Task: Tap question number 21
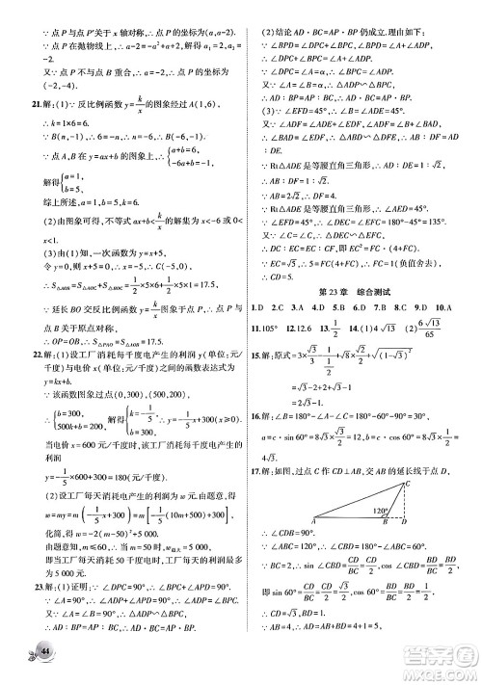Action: point(36,102)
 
